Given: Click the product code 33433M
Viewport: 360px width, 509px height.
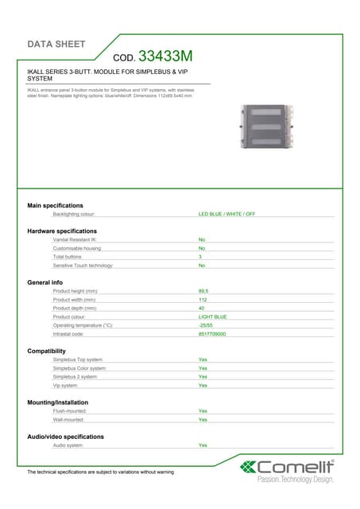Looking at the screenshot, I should coord(165,56).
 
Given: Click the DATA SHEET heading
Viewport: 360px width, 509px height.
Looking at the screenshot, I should coord(57,44).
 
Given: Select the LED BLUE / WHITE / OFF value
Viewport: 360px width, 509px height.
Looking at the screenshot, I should coord(226,214).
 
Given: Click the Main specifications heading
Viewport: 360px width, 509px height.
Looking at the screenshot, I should coord(55,205).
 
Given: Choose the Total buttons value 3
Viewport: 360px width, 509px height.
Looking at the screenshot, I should coord(200,257).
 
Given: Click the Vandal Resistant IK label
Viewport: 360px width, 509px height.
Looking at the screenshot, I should coord(75,239).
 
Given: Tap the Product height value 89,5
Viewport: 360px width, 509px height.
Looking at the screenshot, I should coord(203,291).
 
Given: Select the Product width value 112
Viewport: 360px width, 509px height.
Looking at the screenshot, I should coord(202,300).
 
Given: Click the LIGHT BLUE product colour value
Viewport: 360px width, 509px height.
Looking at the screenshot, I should coord(212,317).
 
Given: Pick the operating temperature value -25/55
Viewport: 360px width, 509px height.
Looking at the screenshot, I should coord(205,325).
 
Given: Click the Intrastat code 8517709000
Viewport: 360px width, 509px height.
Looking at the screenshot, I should coord(212,334).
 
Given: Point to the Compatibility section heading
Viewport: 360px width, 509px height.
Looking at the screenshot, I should coord(52,351).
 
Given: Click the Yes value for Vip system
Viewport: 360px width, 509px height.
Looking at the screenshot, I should coord(203,385).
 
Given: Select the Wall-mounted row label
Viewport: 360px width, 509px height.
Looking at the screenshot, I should coord(68,419).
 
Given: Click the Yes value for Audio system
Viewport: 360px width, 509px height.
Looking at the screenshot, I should coord(203,445).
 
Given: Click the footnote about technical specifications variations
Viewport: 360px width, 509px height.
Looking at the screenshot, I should coord(100,472).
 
